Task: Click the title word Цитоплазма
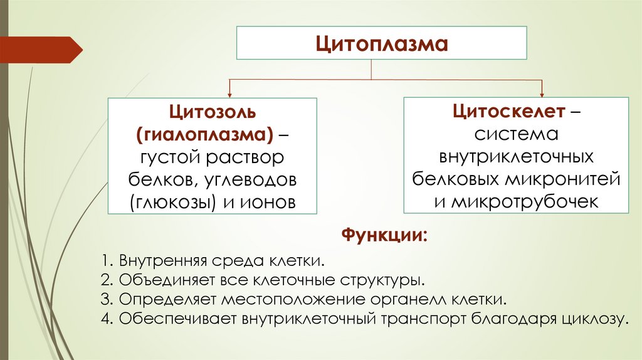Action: point(381,45)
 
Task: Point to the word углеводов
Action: point(250,180)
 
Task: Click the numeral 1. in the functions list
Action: point(105,260)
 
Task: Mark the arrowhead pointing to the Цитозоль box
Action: point(230,92)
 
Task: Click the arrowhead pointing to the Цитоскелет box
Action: point(542,92)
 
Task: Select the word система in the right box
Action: point(515,135)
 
